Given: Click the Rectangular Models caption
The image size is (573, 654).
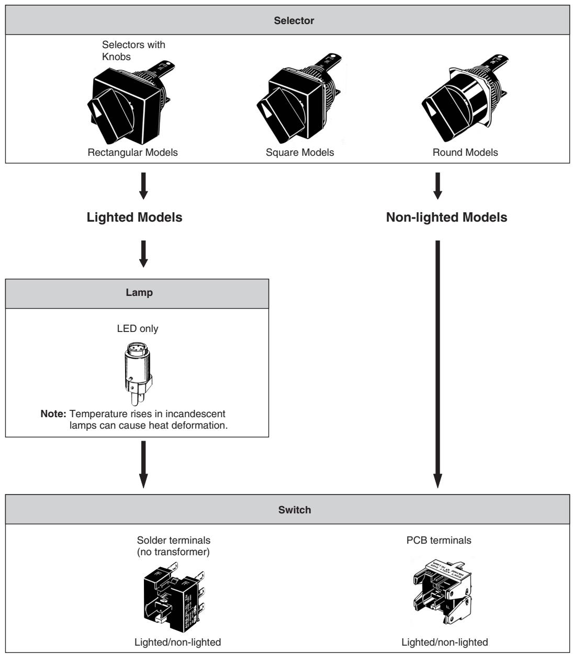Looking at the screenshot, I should click(x=133, y=153).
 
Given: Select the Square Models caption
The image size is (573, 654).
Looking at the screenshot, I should click(x=299, y=153).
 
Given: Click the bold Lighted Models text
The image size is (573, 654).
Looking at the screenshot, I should click(x=134, y=218).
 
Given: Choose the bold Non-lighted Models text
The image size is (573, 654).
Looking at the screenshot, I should click(x=446, y=218).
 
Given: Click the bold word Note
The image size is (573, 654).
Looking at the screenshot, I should click(x=53, y=414).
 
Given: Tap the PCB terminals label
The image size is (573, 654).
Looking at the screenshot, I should click(x=439, y=541).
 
